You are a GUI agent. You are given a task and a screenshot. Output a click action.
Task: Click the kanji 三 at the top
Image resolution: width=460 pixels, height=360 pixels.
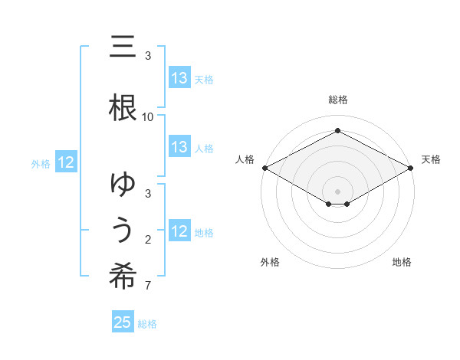click(122, 47)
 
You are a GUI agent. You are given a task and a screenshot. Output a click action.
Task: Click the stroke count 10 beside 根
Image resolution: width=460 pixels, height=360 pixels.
click(148, 117)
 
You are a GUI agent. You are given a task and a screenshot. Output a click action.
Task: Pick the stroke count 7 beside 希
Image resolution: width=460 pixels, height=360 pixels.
click(148, 286)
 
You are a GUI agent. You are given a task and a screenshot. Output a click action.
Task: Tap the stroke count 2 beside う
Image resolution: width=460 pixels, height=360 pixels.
click(148, 241)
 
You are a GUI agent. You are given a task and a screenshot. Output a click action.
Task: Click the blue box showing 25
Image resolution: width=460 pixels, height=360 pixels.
click(123, 322)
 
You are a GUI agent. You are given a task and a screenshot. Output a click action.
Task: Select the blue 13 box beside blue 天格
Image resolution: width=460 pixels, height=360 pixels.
click(179, 78)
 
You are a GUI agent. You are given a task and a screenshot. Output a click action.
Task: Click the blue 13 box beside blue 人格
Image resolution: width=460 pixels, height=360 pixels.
click(179, 147)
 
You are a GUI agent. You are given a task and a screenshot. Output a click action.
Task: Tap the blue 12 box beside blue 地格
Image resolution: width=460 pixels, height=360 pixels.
click(179, 231)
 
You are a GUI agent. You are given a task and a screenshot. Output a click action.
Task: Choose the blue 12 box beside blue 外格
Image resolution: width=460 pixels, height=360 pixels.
click(66, 162)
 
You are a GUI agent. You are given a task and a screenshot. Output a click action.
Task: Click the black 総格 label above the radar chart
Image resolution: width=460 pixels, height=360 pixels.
click(338, 100)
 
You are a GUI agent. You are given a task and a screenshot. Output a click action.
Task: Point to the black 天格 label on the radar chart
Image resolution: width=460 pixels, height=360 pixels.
click(431, 159)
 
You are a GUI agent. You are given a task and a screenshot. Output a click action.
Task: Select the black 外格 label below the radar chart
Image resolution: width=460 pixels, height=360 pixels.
click(270, 262)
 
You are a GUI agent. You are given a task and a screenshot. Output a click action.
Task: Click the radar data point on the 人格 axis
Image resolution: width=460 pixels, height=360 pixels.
click(264, 168)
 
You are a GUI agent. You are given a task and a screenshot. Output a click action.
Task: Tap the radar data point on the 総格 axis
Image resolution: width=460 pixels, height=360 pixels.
click(338, 130)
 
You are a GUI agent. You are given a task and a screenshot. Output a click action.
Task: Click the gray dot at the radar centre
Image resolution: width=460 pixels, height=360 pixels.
click(338, 191)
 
